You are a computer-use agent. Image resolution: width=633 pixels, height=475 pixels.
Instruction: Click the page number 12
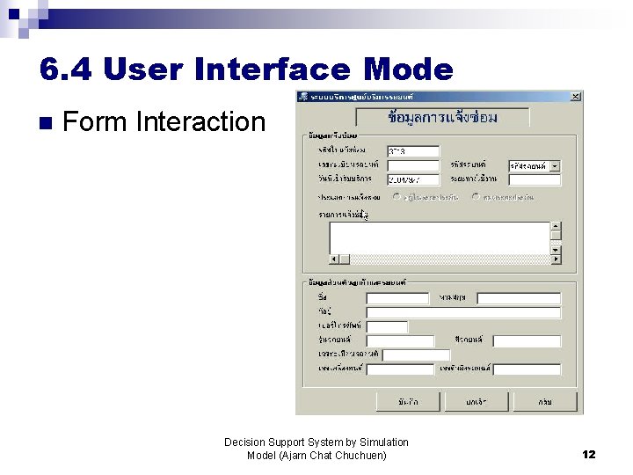(588, 454)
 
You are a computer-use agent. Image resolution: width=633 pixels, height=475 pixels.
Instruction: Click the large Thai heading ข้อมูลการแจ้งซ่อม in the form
(442, 117)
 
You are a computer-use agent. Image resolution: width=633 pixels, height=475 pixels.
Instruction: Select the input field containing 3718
(412, 150)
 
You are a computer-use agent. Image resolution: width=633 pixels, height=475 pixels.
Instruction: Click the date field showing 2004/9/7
(412, 179)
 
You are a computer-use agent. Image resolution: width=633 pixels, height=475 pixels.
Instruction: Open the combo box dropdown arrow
(555, 165)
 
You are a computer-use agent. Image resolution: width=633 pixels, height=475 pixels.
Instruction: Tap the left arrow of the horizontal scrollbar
(335, 259)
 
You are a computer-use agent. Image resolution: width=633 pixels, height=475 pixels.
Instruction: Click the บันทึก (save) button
(407, 401)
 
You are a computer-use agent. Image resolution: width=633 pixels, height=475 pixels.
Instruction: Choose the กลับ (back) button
(545, 401)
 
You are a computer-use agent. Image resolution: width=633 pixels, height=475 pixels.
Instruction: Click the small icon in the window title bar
(302, 96)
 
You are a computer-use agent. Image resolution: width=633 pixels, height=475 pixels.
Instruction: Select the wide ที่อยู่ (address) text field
(462, 312)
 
